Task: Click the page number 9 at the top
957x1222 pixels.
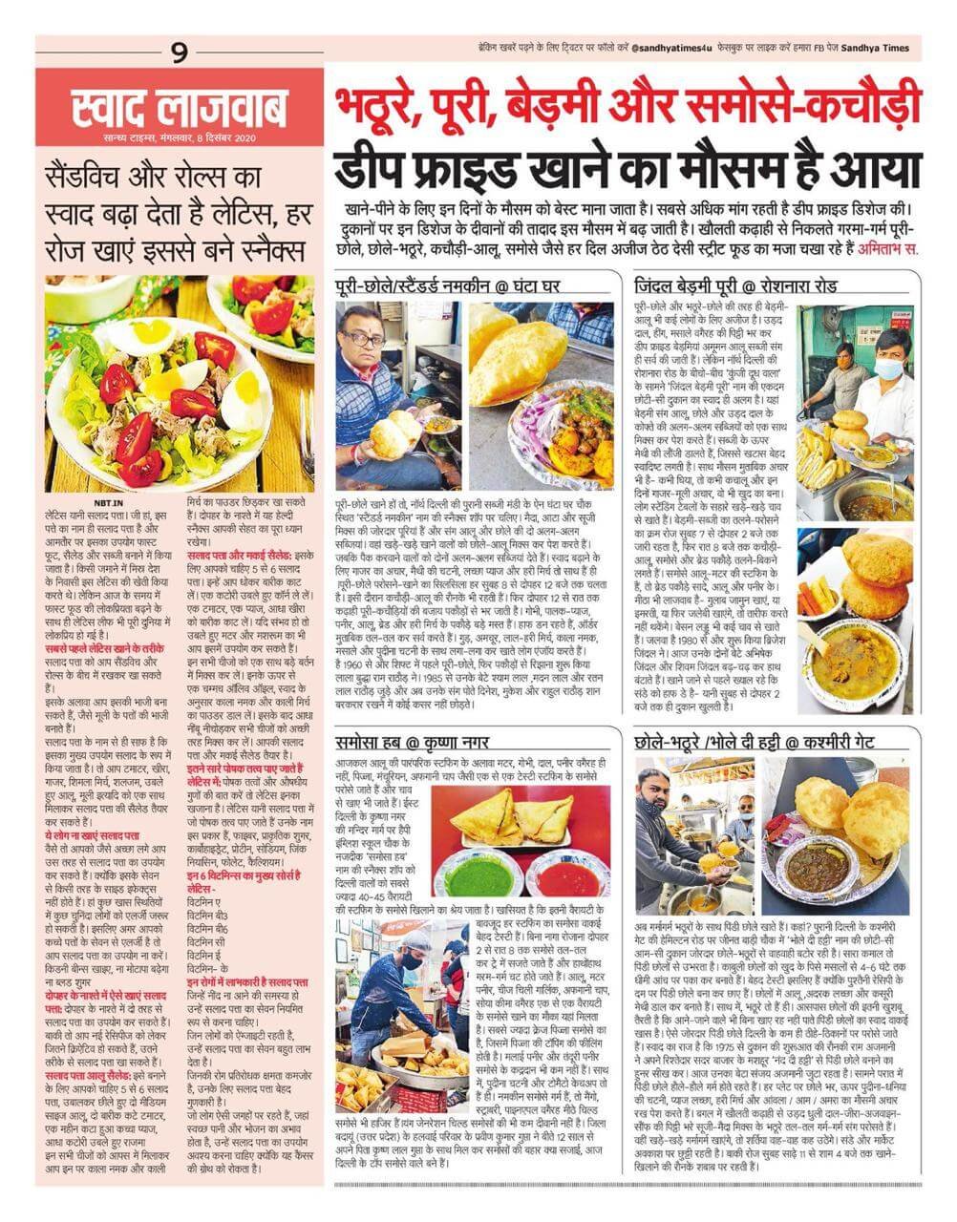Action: pyautogui.click(x=180, y=53)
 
